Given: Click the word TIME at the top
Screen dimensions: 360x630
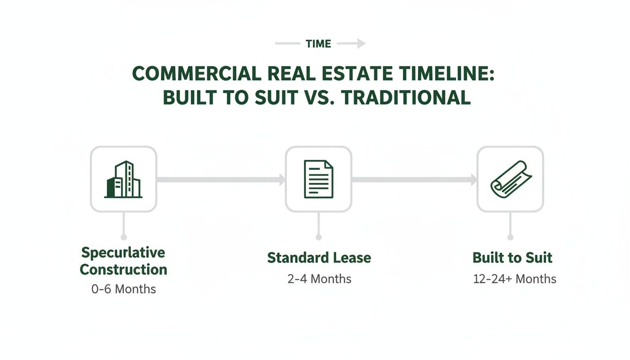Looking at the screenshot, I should click(x=318, y=44).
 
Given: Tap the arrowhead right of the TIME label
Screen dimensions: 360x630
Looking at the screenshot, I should click(x=361, y=44).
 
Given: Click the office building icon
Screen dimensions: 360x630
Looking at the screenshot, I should click(x=123, y=179).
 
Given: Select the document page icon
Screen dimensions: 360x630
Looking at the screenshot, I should click(x=318, y=179).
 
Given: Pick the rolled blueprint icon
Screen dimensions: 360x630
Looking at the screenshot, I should click(x=510, y=179).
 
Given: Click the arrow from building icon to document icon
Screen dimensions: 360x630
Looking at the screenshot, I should click(x=221, y=179).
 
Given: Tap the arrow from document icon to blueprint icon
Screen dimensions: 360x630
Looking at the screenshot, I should click(x=414, y=179).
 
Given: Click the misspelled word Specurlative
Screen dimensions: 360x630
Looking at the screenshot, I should click(x=123, y=253).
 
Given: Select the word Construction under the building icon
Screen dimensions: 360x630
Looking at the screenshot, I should click(x=123, y=270).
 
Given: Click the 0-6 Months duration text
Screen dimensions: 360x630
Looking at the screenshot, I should click(x=123, y=289).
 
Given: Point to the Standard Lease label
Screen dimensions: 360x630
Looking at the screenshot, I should click(x=319, y=258).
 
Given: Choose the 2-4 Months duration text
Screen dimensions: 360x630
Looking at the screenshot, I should click(x=319, y=279).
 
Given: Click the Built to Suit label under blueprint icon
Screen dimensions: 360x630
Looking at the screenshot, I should click(x=512, y=258).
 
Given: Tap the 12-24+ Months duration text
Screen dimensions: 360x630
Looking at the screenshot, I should click(x=514, y=279).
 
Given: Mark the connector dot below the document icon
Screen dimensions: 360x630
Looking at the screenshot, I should click(x=318, y=237).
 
